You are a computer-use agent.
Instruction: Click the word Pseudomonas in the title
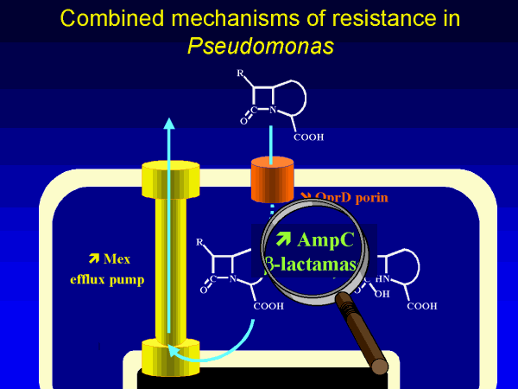click(259, 44)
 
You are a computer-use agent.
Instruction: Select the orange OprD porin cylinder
click(273, 180)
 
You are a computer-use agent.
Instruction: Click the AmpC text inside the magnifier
click(315, 239)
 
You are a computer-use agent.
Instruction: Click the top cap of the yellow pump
click(170, 177)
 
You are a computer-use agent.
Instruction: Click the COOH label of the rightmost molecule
click(421, 305)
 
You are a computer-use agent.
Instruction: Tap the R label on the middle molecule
click(199, 241)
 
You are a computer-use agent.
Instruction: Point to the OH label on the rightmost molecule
click(381, 292)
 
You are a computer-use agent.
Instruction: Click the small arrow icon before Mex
click(93, 258)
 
